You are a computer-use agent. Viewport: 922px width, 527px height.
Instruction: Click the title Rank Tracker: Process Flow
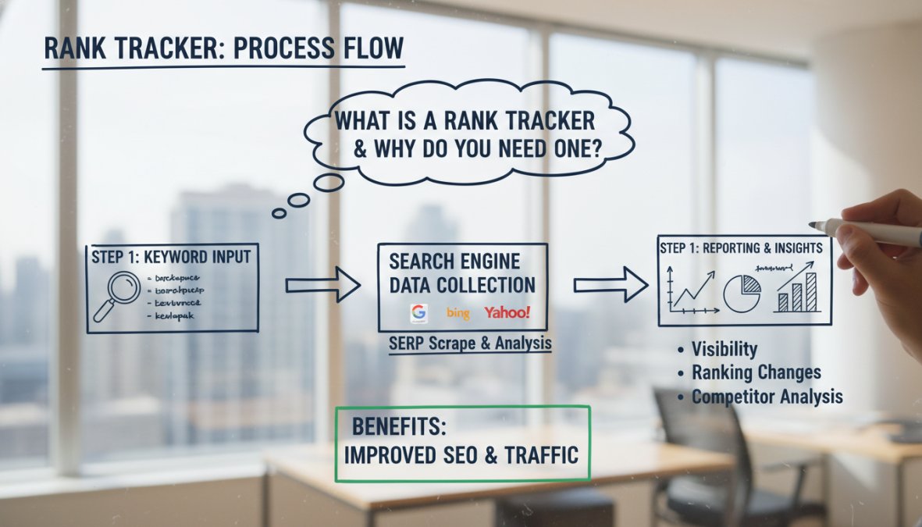[223, 49]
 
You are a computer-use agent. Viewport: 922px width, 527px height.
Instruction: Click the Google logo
[420, 313]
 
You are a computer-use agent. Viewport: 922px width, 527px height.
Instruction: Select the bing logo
[458, 313]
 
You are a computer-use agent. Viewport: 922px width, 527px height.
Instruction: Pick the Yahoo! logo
[507, 312]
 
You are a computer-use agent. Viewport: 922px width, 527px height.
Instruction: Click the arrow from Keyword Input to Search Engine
[322, 285]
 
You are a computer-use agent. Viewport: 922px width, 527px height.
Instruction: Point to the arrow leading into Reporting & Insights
[610, 285]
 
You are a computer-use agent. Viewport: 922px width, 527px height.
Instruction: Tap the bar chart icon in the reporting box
[797, 291]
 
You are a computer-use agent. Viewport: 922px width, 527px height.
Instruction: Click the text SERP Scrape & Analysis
[470, 344]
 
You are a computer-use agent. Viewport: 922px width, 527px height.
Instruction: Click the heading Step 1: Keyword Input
[171, 257]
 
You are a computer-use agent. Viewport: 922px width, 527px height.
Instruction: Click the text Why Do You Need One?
[478, 148]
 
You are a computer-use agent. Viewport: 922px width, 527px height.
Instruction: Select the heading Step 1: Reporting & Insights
[741, 247]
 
